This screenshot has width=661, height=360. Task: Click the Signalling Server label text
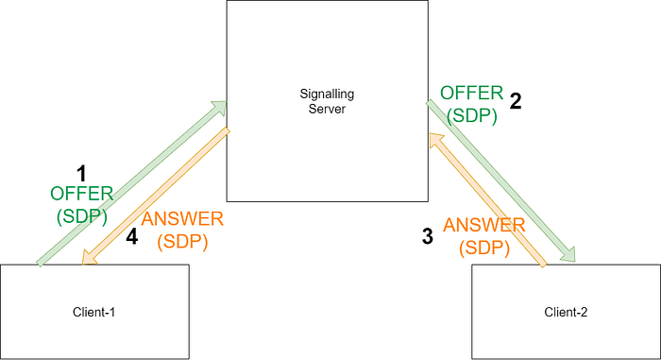coord(327,101)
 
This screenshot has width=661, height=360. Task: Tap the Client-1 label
coord(93,313)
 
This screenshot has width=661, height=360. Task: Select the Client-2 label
coord(566,313)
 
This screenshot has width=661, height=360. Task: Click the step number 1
coord(81,174)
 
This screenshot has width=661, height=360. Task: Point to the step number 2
coord(516,101)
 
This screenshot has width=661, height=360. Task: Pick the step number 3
coord(428,236)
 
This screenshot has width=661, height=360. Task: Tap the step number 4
coord(132,237)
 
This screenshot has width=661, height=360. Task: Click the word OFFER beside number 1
coord(82,194)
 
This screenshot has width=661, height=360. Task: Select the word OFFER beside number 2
coord(472,93)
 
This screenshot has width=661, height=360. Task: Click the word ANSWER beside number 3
coord(484,225)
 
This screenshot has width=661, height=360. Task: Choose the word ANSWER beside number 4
coord(182,219)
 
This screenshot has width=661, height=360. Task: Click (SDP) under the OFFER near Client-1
coord(82,216)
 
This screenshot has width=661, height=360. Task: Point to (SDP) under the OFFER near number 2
coord(472,115)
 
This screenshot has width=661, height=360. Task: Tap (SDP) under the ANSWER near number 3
coord(484,248)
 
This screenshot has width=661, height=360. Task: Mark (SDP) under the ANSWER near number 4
coord(182,242)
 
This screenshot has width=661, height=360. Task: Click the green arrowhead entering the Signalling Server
coord(219,108)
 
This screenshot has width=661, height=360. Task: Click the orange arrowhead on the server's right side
coord(436,140)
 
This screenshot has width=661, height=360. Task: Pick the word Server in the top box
coord(327,109)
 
